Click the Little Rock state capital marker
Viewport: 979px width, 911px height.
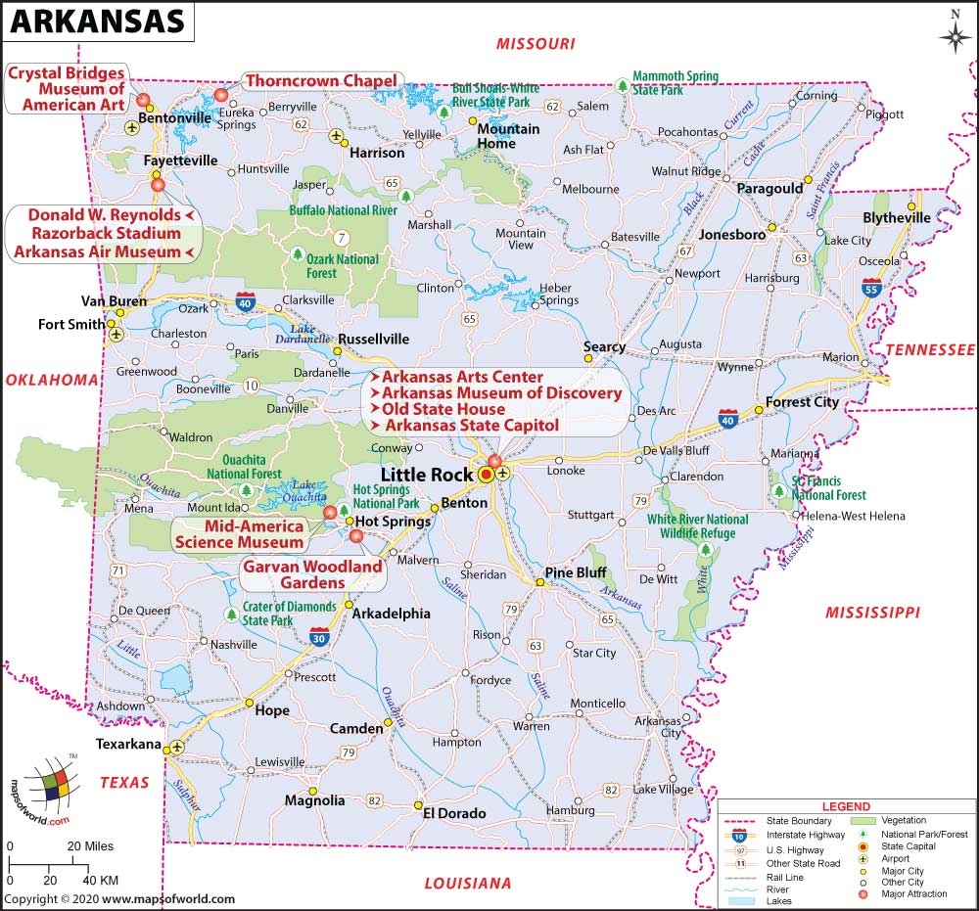pyautogui.click(x=487, y=475)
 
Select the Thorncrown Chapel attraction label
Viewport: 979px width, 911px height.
pyautogui.click(x=320, y=80)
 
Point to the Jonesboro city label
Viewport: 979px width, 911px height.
pyautogui.click(x=731, y=235)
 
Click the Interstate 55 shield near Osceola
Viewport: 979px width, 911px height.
pyautogui.click(x=870, y=287)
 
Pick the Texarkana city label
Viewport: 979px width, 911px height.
pyautogui.click(x=127, y=745)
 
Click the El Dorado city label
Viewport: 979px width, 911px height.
pyautogui.click(x=454, y=812)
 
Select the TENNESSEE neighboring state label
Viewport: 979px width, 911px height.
pyautogui.click(x=930, y=350)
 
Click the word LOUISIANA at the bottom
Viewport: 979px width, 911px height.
pyautogui.click(x=467, y=884)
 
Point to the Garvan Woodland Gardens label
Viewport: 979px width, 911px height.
pyautogui.click(x=312, y=574)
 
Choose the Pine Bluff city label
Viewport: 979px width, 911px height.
pyautogui.click(x=576, y=572)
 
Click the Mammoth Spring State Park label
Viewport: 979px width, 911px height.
pyautogui.click(x=676, y=83)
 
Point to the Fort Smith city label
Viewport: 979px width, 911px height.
pyautogui.click(x=71, y=325)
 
